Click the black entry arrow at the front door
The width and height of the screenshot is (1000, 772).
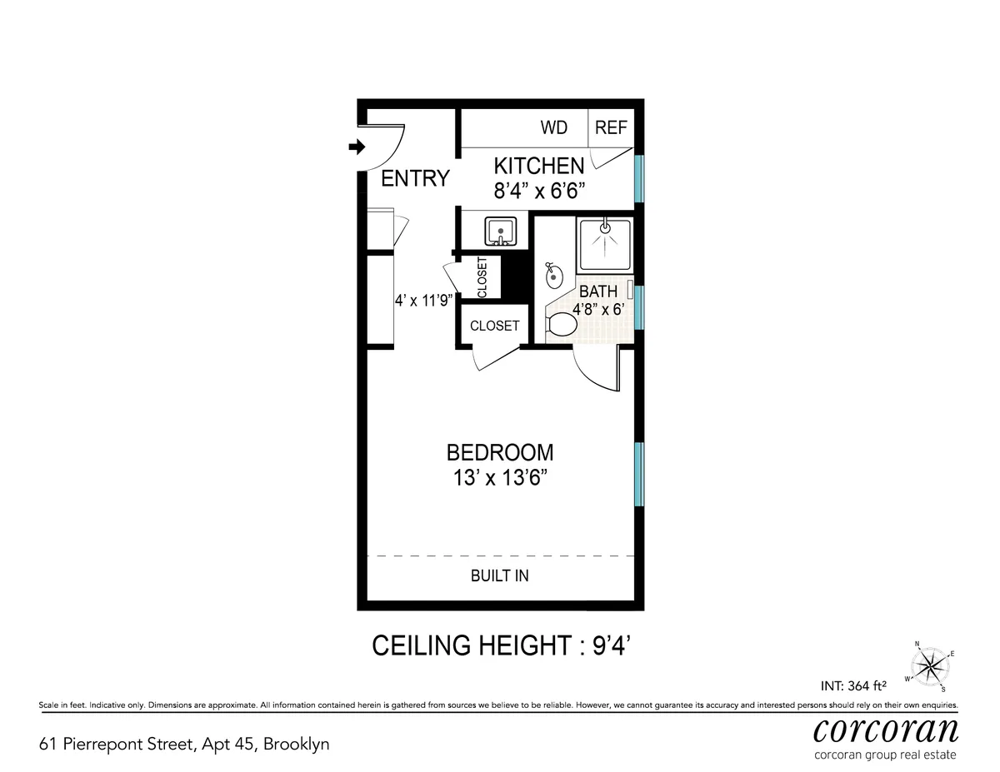pyautogui.click(x=357, y=147)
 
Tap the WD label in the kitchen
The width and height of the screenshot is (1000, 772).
pyautogui.click(x=553, y=127)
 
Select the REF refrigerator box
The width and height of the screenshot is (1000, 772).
pyautogui.click(x=611, y=127)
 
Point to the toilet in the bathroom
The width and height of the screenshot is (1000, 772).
pyautogui.click(x=562, y=326)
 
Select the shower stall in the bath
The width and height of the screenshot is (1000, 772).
pyautogui.click(x=604, y=243)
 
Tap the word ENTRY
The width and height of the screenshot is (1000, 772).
pyautogui.click(x=415, y=178)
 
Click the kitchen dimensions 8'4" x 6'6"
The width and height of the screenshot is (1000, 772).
pyautogui.click(x=539, y=191)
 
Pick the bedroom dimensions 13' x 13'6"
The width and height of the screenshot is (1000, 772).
pyautogui.click(x=500, y=479)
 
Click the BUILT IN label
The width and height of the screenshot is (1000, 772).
pyautogui.click(x=499, y=575)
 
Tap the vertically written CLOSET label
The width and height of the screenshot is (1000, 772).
pyautogui.click(x=482, y=277)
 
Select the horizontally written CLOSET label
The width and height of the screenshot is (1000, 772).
pyautogui.click(x=494, y=326)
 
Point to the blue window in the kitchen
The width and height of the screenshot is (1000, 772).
pyautogui.click(x=638, y=178)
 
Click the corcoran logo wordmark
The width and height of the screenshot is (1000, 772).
pyautogui.click(x=885, y=730)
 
